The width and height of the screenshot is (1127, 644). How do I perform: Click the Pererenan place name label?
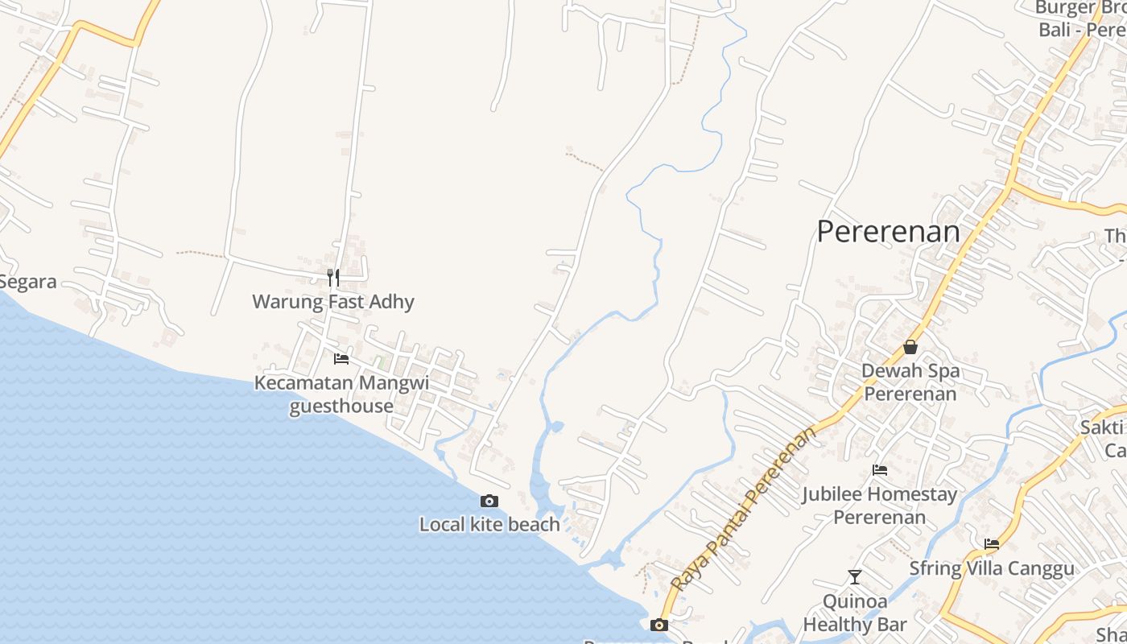coord(888,232)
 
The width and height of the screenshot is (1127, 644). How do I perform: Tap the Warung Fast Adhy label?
coord(333,302)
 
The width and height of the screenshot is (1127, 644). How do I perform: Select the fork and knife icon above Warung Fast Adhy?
coord(333,278)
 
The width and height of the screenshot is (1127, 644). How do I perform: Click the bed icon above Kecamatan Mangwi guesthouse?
coord(341,358)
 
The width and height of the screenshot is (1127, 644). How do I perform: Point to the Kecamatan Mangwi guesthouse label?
coord(341,394)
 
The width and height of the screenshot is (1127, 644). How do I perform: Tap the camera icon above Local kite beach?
coord(489,501)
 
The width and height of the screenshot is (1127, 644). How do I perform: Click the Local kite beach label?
coord(489,525)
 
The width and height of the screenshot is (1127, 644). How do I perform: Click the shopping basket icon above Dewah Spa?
coord(910,347)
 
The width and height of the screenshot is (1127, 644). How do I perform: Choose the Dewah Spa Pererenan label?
coord(910,382)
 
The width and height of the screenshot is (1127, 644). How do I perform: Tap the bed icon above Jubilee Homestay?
coord(880,469)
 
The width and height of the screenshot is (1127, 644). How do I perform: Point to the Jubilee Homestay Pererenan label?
coord(880,505)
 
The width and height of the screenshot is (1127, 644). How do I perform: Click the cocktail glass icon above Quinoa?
coord(855,576)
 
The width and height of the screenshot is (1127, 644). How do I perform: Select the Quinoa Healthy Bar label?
coord(855,613)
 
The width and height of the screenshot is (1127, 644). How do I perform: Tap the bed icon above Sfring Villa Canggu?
coord(992,544)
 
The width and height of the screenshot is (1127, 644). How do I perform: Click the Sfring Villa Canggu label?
coord(992,568)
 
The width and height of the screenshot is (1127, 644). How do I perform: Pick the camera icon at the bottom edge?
coord(658,625)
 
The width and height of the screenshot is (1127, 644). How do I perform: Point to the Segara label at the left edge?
coord(28,282)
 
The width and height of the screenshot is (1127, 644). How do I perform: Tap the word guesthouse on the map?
coord(341,406)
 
